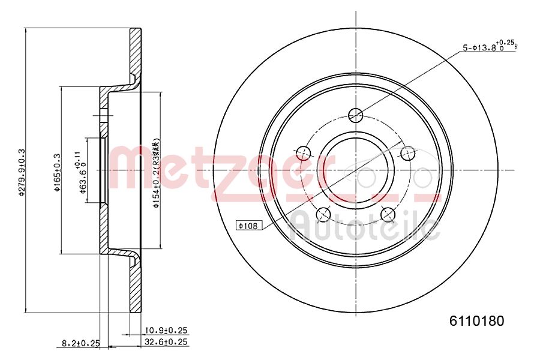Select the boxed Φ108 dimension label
[247, 226]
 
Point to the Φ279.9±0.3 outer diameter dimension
[22, 172]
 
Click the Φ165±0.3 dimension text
[58, 172]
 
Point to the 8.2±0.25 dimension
[80, 343]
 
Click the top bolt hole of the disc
[356, 115]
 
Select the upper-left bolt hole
[304, 152]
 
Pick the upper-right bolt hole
[407, 152]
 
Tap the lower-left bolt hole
[324, 213]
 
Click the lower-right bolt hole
[388, 213]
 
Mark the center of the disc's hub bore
[356, 169]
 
